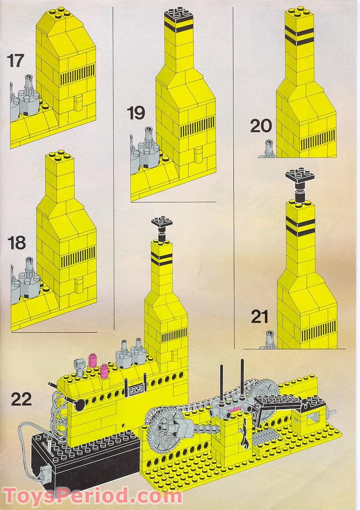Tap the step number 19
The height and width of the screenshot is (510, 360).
point(136,113)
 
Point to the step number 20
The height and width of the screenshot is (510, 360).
point(261,126)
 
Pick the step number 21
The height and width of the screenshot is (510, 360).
point(260,317)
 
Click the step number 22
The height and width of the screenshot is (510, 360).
point(22,399)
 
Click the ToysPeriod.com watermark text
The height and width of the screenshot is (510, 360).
point(92,496)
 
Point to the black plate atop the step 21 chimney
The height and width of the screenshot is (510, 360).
point(299,177)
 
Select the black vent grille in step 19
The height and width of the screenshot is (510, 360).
point(196,131)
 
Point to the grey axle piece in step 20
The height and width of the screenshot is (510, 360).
point(269,149)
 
